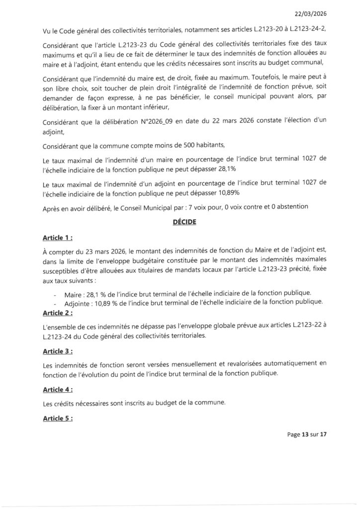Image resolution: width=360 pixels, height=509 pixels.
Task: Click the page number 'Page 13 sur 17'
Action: click(x=307, y=434)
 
